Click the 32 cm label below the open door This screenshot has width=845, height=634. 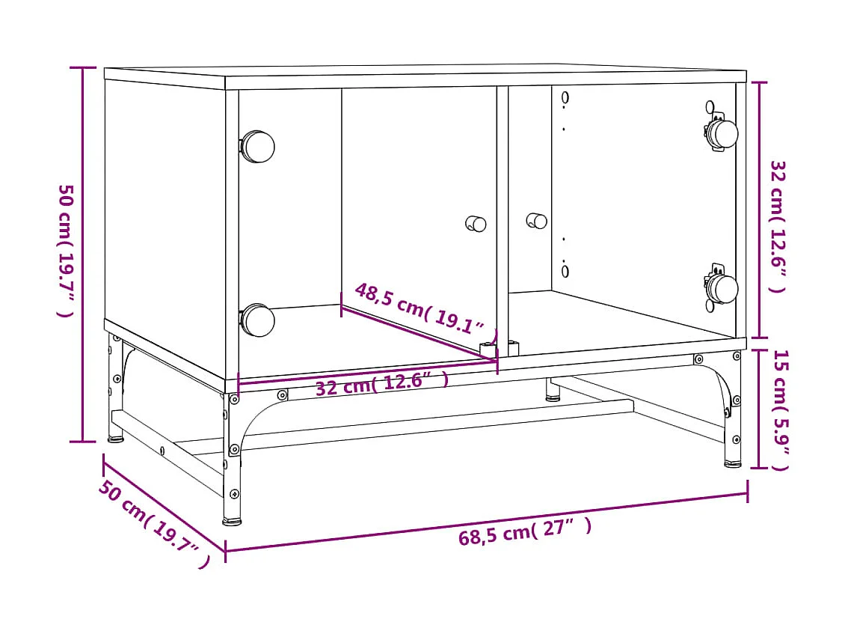coord(381,385)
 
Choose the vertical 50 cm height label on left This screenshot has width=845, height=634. coord(66,250)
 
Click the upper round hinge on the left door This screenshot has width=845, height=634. coord(257,147)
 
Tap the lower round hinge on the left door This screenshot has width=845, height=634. coord(257,320)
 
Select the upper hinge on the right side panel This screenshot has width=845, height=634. coord(722,133)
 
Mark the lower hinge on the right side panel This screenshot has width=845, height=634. coord(722,289)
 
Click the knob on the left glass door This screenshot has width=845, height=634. coord(476,223)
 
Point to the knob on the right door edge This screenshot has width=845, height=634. coord(536,221)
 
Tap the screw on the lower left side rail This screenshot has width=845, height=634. coord(162,451)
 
